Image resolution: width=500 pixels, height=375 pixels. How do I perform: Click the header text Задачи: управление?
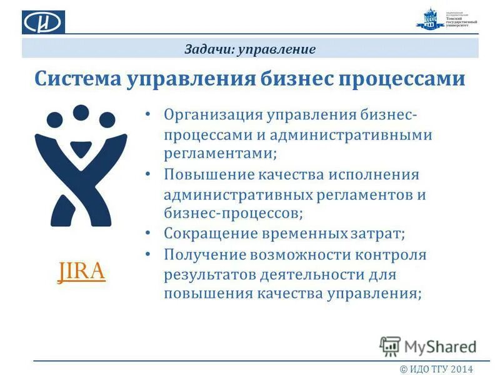(x=250, y=49)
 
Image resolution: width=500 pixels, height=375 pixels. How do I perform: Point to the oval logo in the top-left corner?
(x=43, y=22)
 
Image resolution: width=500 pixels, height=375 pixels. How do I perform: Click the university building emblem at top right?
(x=429, y=21)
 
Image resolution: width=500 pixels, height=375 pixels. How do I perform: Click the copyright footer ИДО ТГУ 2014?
(x=437, y=367)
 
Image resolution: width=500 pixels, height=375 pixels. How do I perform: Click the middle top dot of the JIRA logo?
(x=81, y=112)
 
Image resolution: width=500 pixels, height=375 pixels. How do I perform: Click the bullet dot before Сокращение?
(x=147, y=233)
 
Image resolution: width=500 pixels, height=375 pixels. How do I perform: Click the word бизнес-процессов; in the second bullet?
(x=234, y=213)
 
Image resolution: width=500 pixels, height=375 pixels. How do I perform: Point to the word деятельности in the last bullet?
(x=318, y=274)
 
